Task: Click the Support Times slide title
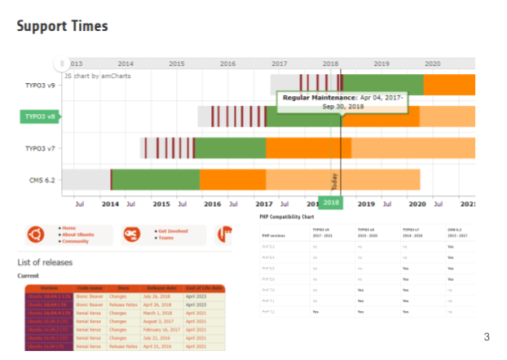(62, 27)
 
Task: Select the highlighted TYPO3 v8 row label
(41, 116)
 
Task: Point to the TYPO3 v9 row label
(40, 84)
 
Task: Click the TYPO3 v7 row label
(40, 148)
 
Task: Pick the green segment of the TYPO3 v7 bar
(231, 148)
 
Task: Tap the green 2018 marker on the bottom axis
(331, 203)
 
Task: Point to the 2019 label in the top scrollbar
(381, 64)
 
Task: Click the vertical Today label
(334, 180)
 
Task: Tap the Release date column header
(161, 288)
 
